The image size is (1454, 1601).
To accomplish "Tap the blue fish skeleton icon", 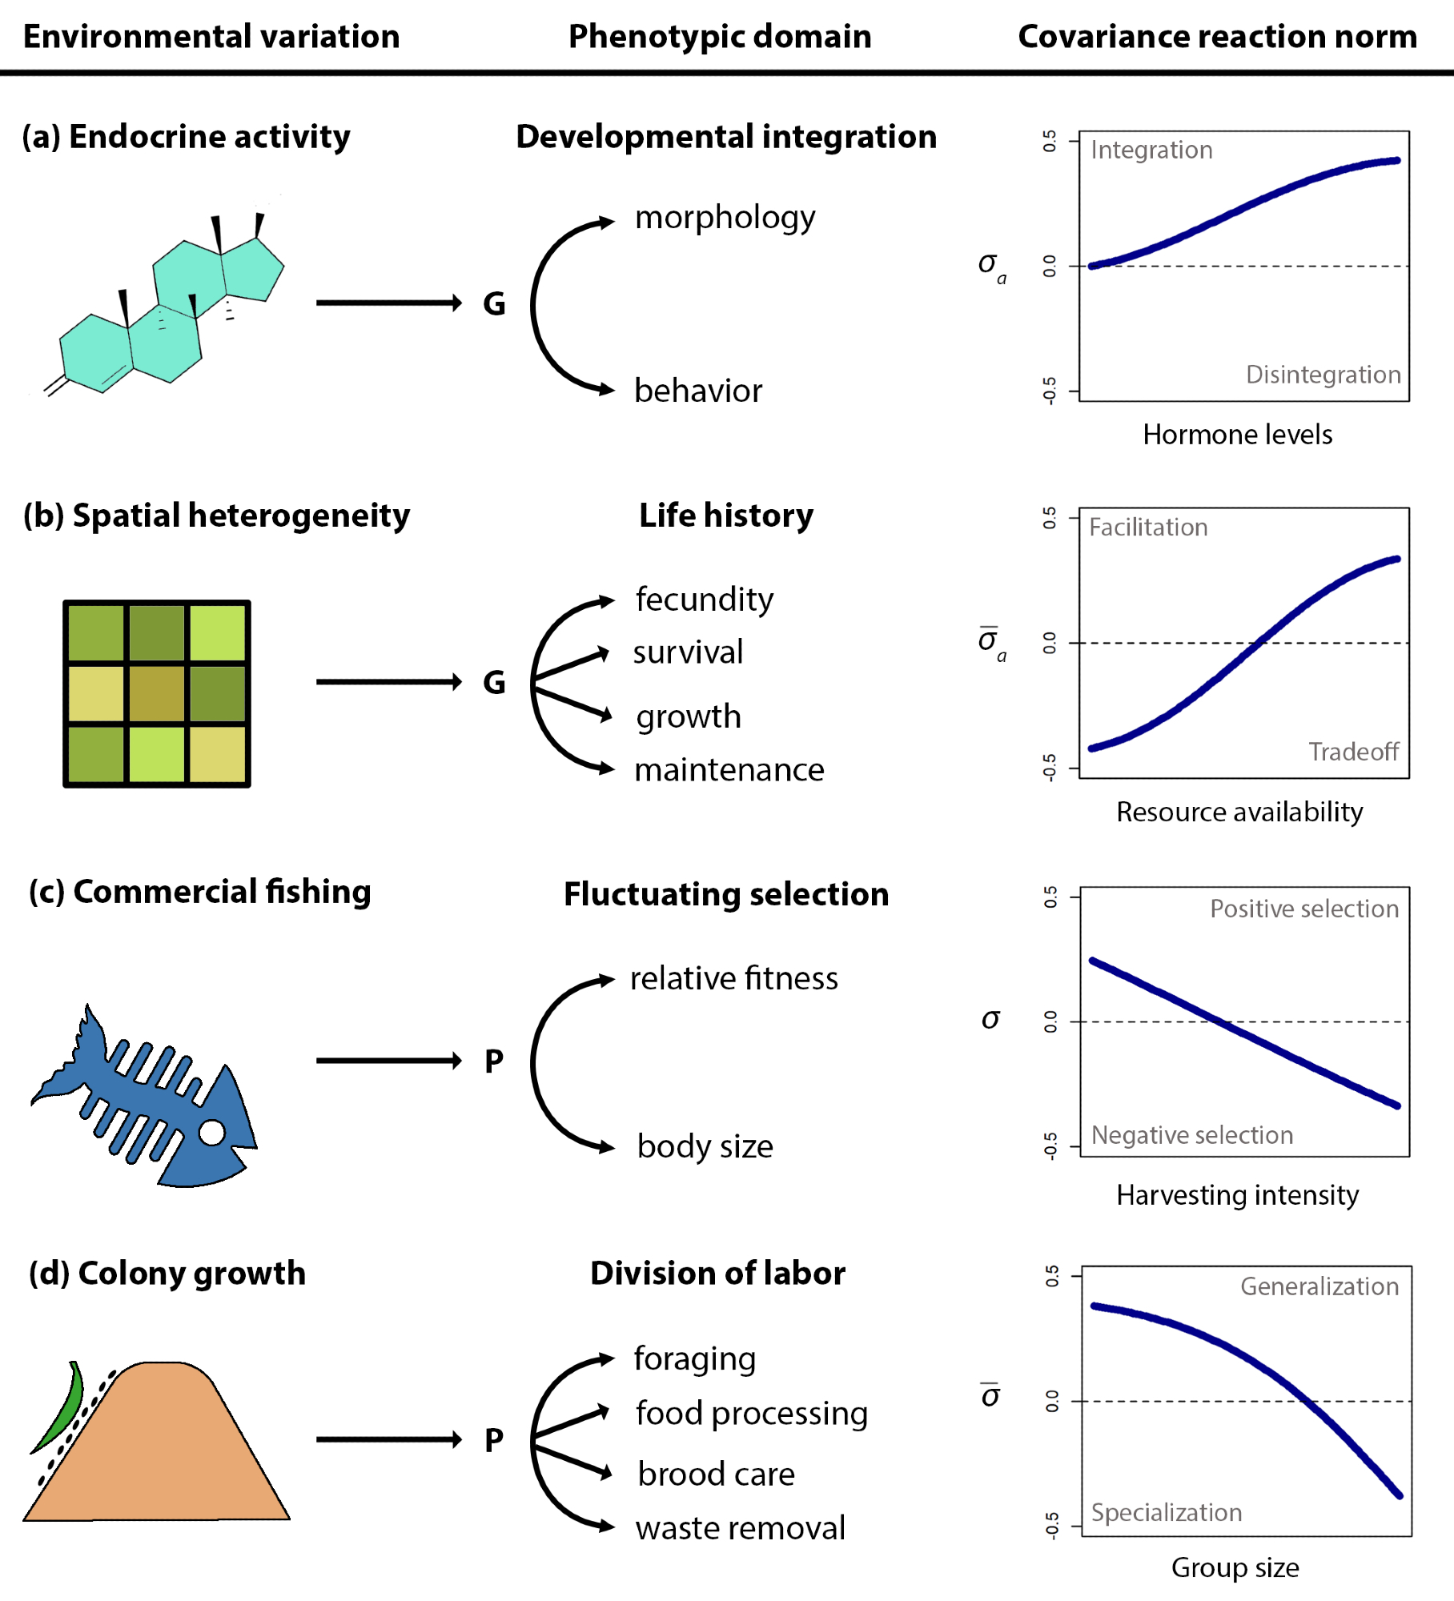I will [x=144, y=1097].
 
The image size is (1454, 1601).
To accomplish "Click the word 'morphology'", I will [x=725, y=218].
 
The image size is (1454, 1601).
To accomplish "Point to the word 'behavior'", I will [x=698, y=391].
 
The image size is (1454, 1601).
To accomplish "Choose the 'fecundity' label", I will [x=705, y=600].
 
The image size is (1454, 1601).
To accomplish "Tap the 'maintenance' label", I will [x=729, y=770].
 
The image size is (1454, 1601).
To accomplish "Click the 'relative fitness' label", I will [x=733, y=979].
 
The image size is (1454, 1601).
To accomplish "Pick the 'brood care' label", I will [x=716, y=1475].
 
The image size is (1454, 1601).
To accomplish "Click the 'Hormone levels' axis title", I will [x=1237, y=435].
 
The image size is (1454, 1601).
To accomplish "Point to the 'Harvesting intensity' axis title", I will [x=1237, y=1195].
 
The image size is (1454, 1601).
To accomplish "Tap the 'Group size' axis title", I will [x=1235, y=1567].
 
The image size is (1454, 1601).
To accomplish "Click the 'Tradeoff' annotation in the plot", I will [x=1353, y=752].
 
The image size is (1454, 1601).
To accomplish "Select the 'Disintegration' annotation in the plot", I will [x=1323, y=375].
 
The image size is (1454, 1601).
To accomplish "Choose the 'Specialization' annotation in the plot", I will [x=1167, y=1513].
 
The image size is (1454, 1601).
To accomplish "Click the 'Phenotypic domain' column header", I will [x=719, y=37].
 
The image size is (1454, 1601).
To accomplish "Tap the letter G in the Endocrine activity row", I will [x=494, y=304].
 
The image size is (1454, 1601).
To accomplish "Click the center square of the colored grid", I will [x=157, y=694].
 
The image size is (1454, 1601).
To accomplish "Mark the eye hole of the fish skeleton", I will [x=212, y=1133].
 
